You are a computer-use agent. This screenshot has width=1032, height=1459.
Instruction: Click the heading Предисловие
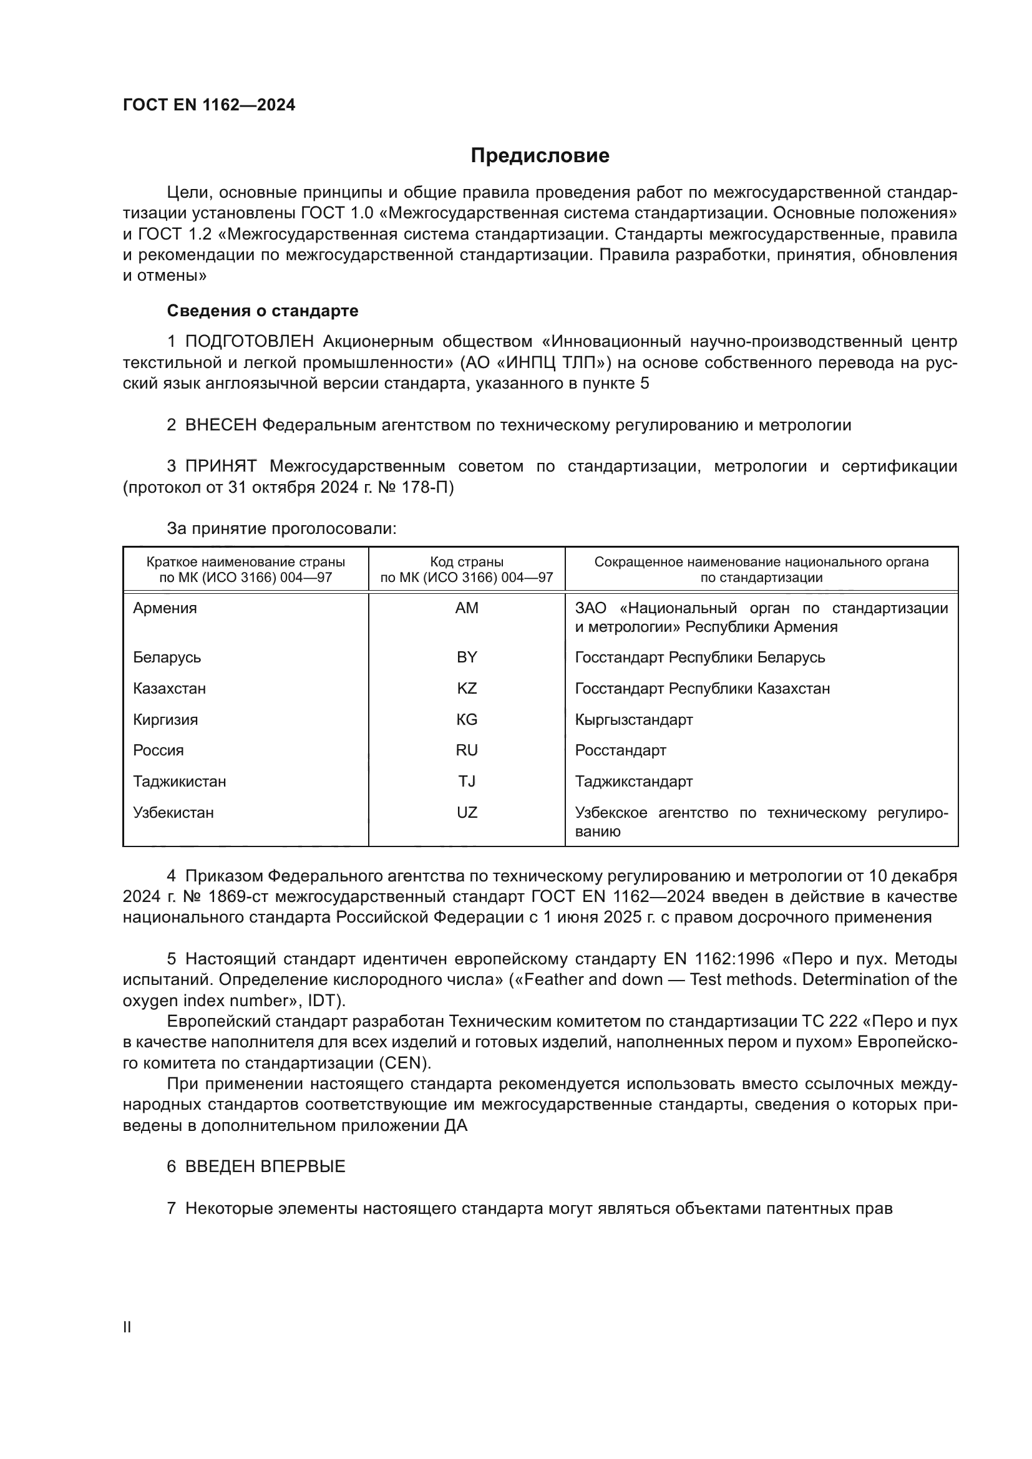(x=540, y=156)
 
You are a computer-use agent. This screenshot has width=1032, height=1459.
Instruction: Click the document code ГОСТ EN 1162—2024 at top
(x=209, y=105)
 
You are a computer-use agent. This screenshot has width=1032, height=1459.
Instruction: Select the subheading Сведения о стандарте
(x=263, y=311)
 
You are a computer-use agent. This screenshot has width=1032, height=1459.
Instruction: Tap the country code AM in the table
(x=467, y=608)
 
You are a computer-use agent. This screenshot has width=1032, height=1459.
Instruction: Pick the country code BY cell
(x=467, y=657)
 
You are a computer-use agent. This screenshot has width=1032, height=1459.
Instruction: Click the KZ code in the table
(x=467, y=688)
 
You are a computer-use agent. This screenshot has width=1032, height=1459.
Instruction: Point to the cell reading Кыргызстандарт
(x=633, y=719)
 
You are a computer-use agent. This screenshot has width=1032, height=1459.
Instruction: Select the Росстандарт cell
(x=620, y=750)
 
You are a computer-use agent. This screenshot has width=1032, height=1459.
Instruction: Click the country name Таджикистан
(x=179, y=782)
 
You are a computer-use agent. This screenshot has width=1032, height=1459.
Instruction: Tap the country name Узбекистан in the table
(x=173, y=813)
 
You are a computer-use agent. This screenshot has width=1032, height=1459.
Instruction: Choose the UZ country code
(x=467, y=813)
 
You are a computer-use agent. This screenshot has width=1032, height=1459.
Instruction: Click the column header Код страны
(x=467, y=562)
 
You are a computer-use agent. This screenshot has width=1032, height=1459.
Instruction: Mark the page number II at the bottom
(x=127, y=1327)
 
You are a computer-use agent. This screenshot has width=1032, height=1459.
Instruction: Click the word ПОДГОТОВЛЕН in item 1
(x=249, y=342)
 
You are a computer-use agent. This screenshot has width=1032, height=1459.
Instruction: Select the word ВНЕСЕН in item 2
(x=220, y=425)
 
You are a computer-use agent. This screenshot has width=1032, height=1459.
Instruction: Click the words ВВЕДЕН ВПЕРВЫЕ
(x=265, y=1166)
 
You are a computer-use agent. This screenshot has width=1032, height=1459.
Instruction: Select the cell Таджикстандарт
(x=633, y=782)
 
